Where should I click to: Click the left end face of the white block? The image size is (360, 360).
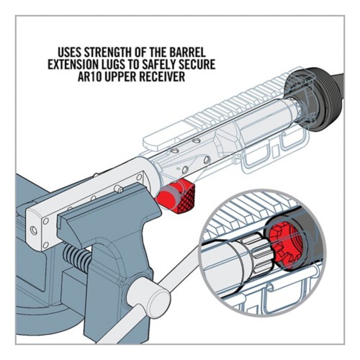pos(33,226)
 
